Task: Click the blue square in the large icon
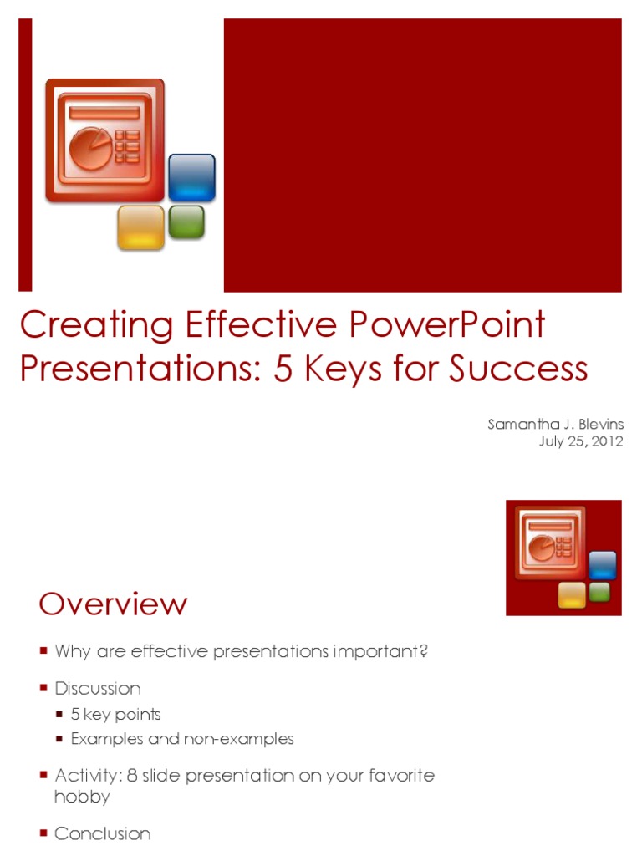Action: (x=191, y=177)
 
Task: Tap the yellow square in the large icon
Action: (x=140, y=227)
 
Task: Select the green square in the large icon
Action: (x=186, y=222)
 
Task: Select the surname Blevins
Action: (x=597, y=425)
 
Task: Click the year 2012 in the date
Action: (x=606, y=442)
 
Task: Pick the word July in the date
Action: (x=552, y=442)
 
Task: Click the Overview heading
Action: (x=113, y=604)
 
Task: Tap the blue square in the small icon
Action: (x=602, y=565)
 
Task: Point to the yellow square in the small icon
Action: (x=572, y=594)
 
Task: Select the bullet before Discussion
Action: (x=43, y=689)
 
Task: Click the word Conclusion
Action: (x=102, y=833)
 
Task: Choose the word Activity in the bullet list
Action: (x=86, y=775)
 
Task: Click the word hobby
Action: (x=82, y=797)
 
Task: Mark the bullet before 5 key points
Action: (x=59, y=715)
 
